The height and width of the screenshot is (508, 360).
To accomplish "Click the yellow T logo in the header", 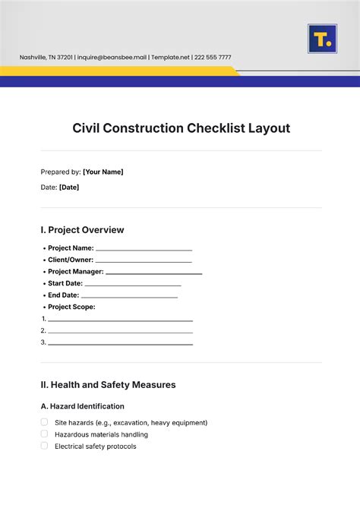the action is [x=322, y=39].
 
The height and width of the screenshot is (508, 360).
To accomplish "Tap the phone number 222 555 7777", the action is [x=212, y=58].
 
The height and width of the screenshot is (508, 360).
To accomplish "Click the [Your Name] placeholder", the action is [x=103, y=172].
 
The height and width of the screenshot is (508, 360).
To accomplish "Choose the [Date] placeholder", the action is [x=68, y=187].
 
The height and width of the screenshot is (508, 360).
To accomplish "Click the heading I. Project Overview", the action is [x=82, y=229].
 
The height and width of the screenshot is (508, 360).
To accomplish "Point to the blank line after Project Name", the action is [x=144, y=248].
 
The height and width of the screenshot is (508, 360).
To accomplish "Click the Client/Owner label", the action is [x=71, y=260].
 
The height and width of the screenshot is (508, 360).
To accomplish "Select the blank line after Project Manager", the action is [x=154, y=272].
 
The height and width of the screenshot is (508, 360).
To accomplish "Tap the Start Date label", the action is [x=65, y=283].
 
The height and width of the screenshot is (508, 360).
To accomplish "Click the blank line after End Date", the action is [x=129, y=295].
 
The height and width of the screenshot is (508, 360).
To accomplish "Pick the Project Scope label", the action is [x=71, y=307].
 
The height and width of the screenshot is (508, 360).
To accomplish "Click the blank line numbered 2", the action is [x=120, y=331].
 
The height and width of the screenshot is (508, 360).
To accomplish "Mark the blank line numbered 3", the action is [x=120, y=343].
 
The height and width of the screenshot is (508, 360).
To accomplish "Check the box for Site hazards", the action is [x=44, y=422].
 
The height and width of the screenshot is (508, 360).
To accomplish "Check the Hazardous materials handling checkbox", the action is [x=44, y=434].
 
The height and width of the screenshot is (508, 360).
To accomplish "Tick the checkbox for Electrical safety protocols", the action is [x=44, y=446].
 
